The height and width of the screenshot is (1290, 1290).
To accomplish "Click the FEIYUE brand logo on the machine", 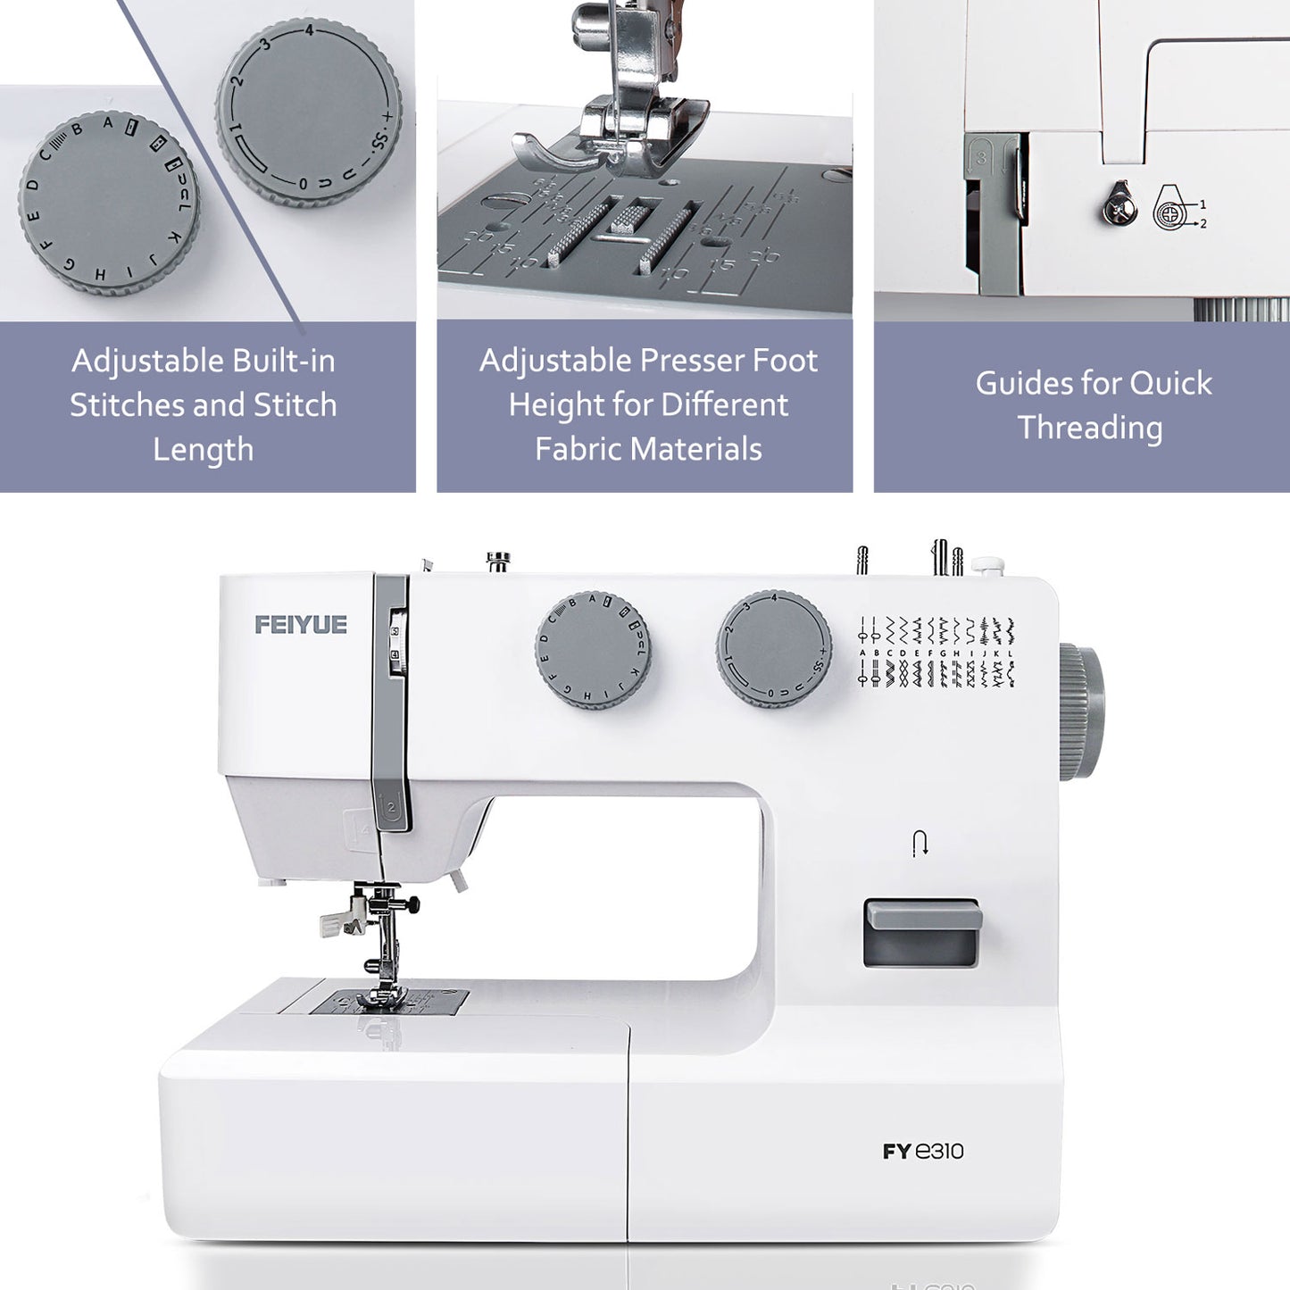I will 301,625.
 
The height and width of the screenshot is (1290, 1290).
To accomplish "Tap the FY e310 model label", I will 923,1152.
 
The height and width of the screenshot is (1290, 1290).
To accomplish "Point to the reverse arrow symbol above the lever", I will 920,843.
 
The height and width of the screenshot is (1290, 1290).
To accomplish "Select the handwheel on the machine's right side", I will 1081,712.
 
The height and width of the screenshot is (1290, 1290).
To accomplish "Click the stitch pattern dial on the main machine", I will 593,650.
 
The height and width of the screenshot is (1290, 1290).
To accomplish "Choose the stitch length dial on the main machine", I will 773,649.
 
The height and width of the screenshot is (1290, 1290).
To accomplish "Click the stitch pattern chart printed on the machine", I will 936,652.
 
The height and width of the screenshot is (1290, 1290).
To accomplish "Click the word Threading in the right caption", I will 1090,428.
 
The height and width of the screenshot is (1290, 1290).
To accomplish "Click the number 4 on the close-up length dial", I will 309,30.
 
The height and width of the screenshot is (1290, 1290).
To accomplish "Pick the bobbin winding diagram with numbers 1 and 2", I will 1177,209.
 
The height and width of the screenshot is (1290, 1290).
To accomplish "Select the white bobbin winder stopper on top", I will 987,565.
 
